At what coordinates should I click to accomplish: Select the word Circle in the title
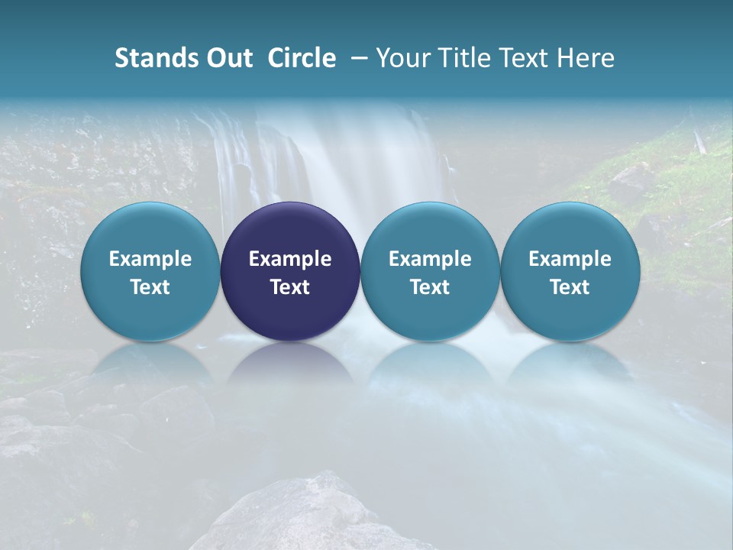point(302,58)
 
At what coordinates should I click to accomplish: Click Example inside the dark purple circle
point(290,259)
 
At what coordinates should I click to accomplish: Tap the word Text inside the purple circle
point(290,287)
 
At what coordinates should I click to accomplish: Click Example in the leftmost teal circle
point(150,259)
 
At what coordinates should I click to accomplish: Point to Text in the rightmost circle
point(570,287)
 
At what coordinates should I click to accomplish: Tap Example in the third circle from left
point(430,259)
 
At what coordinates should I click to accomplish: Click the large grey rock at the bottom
point(305,516)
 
